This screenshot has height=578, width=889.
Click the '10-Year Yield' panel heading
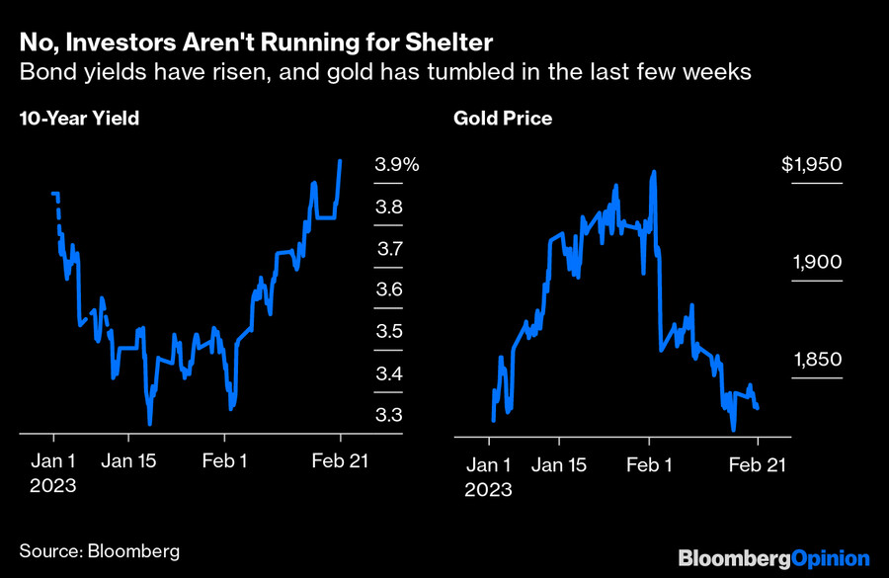coord(79,119)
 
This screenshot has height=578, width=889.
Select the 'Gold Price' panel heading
coord(503,119)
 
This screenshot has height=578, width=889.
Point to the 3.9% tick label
coord(396,166)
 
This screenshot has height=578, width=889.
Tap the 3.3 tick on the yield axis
coord(388,415)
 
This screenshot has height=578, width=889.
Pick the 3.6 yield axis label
coord(388,290)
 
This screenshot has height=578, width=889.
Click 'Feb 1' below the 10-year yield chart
coord(225,460)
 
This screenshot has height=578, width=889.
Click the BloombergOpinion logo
coord(773,559)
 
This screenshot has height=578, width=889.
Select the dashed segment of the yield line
coord(57,212)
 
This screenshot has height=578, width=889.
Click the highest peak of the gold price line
coord(654,172)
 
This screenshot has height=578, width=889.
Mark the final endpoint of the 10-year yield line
coord(341,161)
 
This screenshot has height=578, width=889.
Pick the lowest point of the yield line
coord(150,424)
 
